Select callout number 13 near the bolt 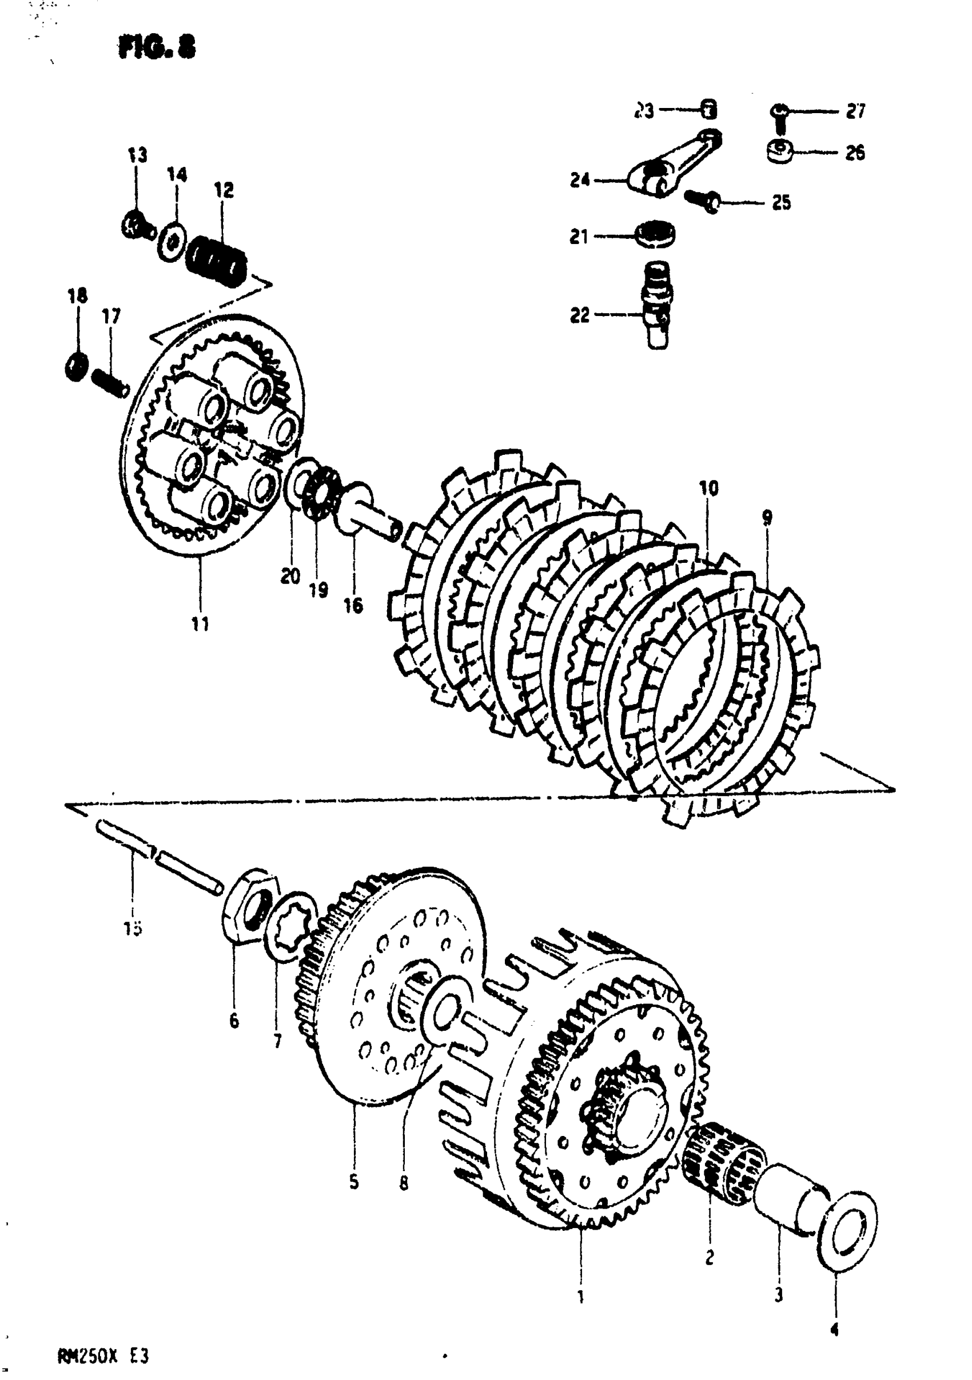[x=137, y=155]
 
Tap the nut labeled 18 [x=77, y=366]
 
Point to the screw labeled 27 [x=780, y=115]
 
